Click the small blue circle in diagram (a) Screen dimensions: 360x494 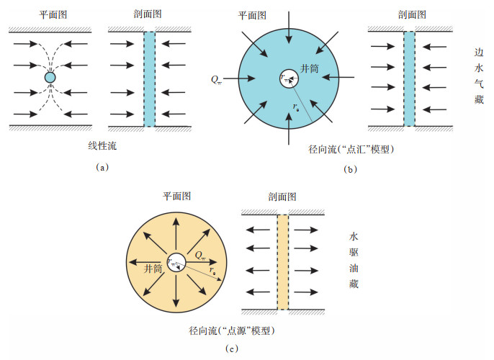[50, 77]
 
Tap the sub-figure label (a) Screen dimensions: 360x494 [102, 166]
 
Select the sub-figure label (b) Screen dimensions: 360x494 [351, 171]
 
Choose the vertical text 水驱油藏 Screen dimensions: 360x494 [354, 259]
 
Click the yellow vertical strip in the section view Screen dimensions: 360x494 [282, 261]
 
